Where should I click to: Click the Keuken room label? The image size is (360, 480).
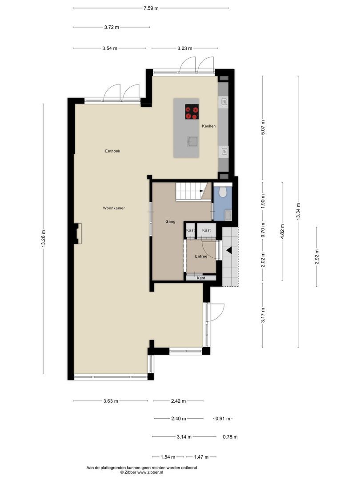209,126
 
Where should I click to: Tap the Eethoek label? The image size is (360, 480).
112,151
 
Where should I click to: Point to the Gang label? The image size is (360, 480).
170,221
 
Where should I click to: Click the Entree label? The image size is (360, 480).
201,256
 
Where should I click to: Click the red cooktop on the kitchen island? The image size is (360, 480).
192,111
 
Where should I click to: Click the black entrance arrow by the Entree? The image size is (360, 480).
229,251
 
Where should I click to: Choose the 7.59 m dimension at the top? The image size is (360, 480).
151,8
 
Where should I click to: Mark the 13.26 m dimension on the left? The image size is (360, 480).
43,239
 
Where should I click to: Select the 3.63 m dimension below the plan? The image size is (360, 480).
111,401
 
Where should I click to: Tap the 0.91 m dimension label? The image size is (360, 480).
223,419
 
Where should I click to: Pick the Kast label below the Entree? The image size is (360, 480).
201,278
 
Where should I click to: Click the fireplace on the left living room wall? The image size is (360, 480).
78,233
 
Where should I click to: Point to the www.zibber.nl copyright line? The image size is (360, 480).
141,472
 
